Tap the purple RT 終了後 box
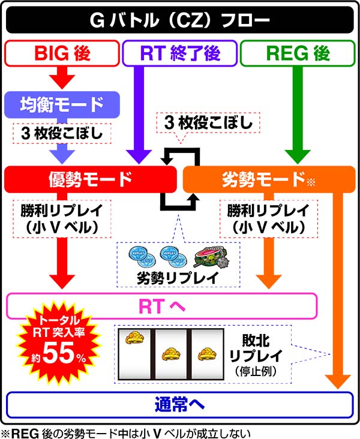(179, 53)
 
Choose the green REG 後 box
(297, 53)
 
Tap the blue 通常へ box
(179, 405)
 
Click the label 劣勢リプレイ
(179, 278)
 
